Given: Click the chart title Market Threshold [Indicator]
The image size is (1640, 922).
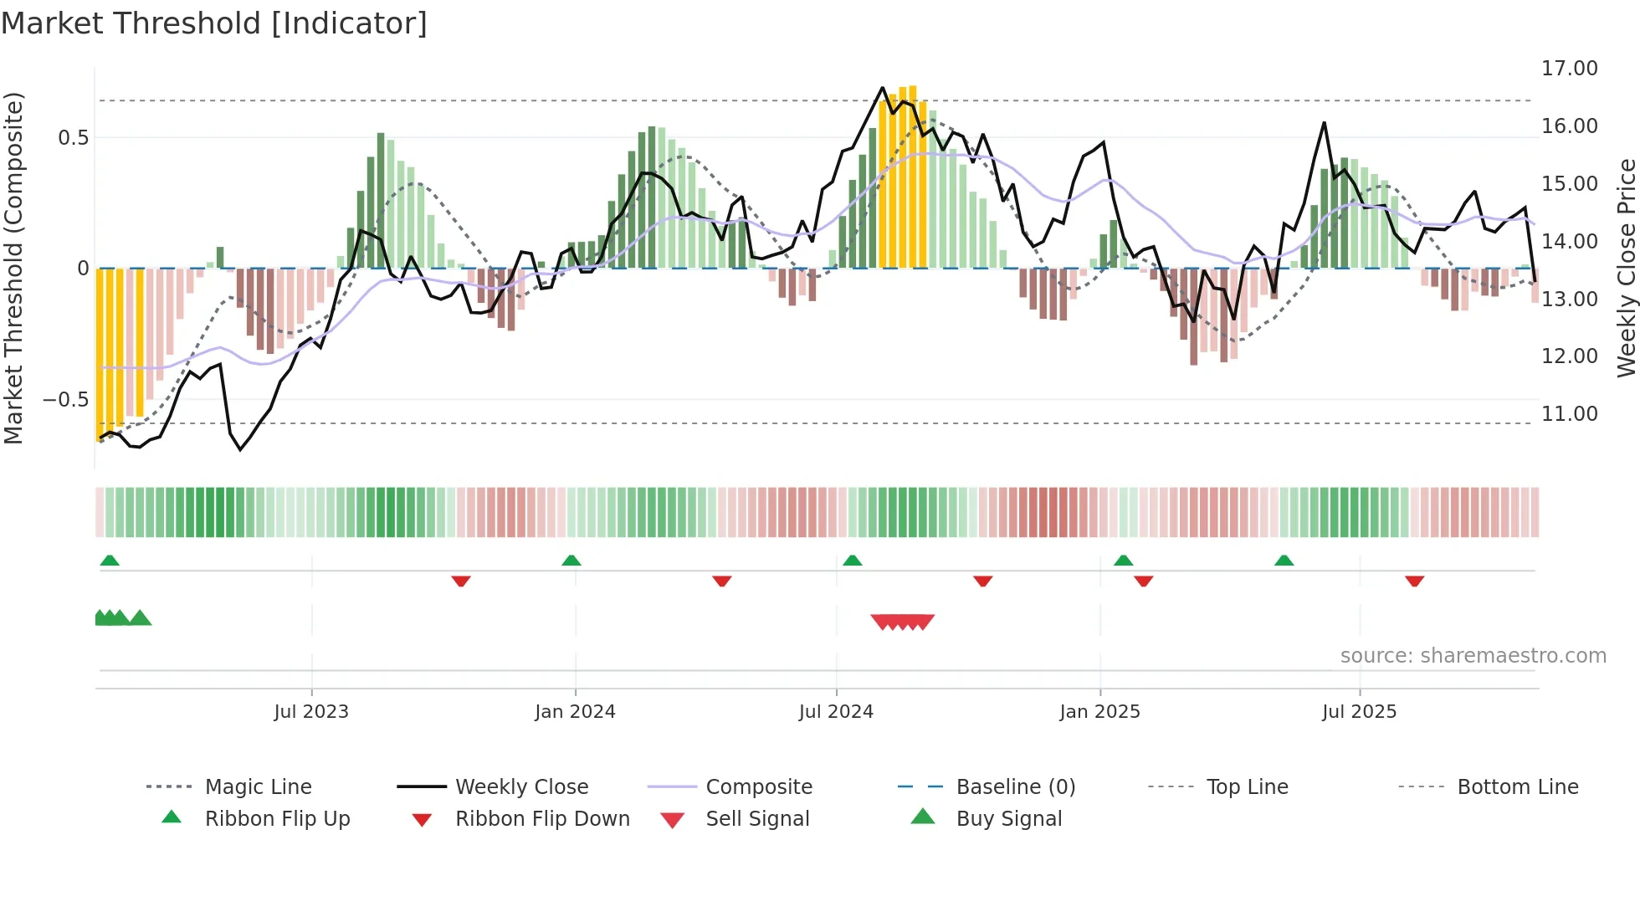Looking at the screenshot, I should point(214,23).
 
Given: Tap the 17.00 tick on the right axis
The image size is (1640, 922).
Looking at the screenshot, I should point(1569,69).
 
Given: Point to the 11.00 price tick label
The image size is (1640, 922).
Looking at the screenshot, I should point(1569,414).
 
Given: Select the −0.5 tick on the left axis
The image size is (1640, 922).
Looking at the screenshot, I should point(66,400).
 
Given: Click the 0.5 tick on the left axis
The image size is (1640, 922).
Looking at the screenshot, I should point(73,138).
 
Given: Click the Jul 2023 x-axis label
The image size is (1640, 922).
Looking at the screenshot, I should point(311,712).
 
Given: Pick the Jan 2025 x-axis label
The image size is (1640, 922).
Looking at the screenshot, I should point(1099,712).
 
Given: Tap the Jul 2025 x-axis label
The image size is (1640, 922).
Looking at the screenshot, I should point(1359,712).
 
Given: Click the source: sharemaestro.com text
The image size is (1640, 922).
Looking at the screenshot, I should point(1473,656).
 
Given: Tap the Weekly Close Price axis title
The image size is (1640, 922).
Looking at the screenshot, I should point(1626,268).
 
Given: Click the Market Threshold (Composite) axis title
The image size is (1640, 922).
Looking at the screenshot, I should point(13,268).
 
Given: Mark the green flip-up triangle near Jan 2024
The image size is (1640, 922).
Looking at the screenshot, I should point(571,561).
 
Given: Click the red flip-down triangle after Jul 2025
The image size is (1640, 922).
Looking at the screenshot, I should point(1415,581).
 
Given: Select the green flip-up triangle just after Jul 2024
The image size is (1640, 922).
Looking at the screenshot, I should point(853,561).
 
